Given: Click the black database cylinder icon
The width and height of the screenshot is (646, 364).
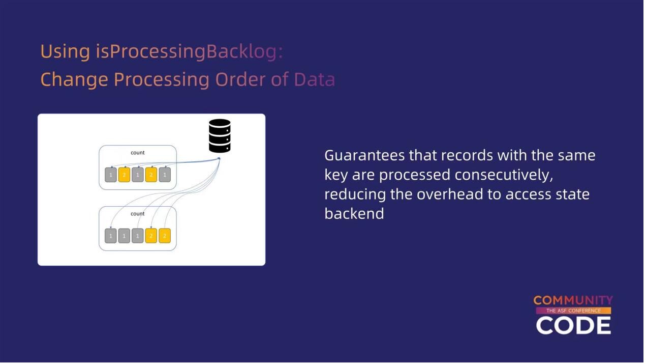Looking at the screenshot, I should [x=220, y=136].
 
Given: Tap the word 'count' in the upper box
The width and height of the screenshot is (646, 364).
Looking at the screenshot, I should [x=138, y=153].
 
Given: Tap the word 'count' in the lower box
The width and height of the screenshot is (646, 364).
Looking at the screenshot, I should [x=138, y=214].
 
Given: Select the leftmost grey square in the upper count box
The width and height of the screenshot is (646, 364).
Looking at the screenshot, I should [x=111, y=175].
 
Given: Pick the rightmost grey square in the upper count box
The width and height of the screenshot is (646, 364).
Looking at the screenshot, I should [x=164, y=175].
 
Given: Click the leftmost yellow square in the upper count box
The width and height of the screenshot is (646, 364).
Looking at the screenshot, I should [x=124, y=175].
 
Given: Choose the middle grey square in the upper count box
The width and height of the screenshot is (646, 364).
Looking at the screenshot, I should [x=138, y=175].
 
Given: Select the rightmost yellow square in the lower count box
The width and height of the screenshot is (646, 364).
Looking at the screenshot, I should [x=164, y=236].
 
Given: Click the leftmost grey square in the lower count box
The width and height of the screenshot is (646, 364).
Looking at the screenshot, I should [x=111, y=236].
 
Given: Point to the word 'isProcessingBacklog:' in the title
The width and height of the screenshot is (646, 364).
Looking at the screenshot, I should [x=189, y=52].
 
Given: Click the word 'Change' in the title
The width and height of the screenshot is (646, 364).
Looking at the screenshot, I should [x=74, y=80].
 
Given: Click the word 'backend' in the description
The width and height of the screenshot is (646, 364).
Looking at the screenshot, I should [x=354, y=213].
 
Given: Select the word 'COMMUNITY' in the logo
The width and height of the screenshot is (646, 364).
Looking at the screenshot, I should [x=573, y=301].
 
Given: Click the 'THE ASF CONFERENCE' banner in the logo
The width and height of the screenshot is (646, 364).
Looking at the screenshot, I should [x=573, y=311].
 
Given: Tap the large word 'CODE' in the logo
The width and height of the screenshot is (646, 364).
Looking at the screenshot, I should [x=573, y=325].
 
